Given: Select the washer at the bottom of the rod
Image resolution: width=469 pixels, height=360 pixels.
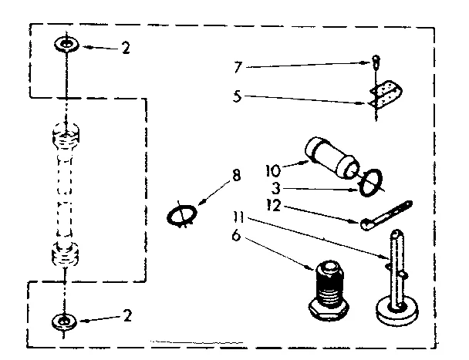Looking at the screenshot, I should [x=64, y=321].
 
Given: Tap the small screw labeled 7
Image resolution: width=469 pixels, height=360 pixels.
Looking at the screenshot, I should [x=375, y=62].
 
